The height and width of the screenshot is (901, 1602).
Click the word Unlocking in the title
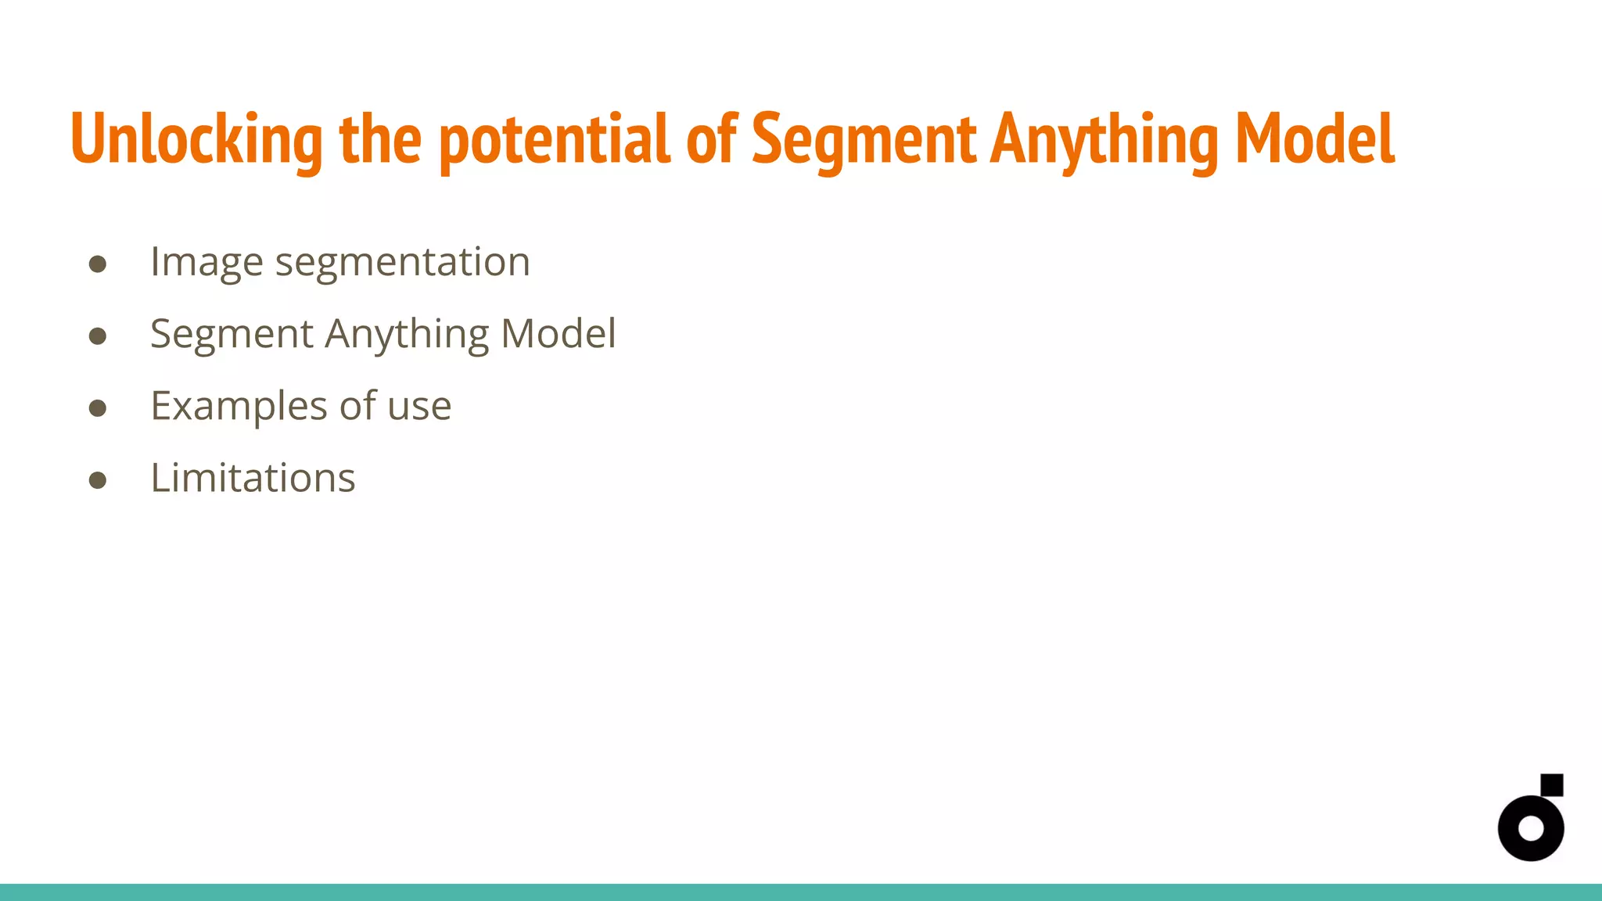click(x=196, y=139)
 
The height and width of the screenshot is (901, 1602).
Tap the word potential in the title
click(x=555, y=139)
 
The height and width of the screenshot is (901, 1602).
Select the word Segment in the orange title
click(x=864, y=139)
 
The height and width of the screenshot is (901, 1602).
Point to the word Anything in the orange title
click(x=1104, y=139)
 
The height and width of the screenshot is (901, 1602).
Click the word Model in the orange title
click(x=1315, y=139)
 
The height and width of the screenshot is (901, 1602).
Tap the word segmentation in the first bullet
click(x=402, y=262)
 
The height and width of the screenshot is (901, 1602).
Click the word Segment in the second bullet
click(x=232, y=334)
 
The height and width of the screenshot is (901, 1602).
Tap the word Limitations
click(x=253, y=478)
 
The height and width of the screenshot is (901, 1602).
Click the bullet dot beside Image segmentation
click(x=98, y=264)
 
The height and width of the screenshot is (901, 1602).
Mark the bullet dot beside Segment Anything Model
click(x=98, y=336)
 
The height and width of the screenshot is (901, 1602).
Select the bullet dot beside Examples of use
click(x=98, y=408)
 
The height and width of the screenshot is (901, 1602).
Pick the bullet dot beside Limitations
click(x=98, y=480)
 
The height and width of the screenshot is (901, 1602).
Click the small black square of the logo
click(x=1552, y=784)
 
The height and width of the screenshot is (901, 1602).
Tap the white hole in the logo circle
click(x=1531, y=828)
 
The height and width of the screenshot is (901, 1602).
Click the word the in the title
click(x=380, y=139)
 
